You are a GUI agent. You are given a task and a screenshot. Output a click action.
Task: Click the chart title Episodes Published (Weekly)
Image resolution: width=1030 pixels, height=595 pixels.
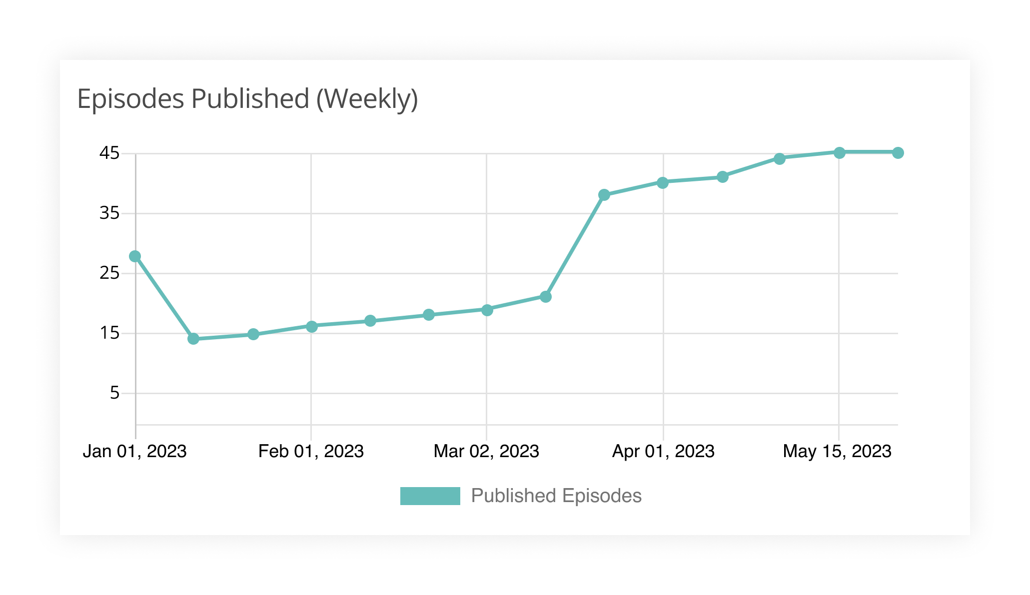click(247, 99)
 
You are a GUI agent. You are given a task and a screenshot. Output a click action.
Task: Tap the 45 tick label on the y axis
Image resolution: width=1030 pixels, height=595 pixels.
click(109, 153)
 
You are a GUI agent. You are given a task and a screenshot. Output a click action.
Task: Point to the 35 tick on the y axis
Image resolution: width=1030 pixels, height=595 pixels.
click(109, 213)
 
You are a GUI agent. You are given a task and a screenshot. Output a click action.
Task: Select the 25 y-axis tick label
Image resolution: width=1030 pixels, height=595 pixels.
click(109, 273)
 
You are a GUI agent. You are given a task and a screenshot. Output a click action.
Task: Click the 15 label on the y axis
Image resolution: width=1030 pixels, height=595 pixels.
click(109, 333)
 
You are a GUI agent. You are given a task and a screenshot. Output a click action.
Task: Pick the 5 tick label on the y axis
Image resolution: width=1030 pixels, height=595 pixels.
click(115, 393)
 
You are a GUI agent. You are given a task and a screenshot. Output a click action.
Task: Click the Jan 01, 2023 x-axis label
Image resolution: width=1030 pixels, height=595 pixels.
click(134, 451)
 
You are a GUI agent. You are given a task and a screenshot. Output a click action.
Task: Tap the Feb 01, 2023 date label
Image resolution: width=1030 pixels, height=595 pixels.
click(311, 451)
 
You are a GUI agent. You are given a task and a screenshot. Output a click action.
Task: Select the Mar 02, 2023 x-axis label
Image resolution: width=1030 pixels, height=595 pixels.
click(486, 451)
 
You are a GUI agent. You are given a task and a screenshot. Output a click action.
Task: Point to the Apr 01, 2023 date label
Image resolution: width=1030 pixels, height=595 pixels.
click(663, 451)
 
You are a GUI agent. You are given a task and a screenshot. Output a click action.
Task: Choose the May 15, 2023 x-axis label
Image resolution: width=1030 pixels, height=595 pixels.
click(837, 451)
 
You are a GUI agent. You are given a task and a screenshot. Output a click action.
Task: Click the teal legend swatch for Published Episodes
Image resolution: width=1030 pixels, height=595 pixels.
click(430, 496)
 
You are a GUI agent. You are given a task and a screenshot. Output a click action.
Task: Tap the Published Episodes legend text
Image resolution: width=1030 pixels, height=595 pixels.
click(556, 496)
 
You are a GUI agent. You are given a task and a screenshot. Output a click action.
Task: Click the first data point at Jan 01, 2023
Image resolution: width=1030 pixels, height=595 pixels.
click(135, 256)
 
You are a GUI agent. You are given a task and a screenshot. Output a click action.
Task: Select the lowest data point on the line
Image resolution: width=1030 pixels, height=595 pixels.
click(193, 339)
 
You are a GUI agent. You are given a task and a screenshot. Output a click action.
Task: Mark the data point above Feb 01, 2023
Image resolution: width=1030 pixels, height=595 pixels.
click(311, 326)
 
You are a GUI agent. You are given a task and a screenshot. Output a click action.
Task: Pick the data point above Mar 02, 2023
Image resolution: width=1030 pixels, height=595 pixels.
click(487, 310)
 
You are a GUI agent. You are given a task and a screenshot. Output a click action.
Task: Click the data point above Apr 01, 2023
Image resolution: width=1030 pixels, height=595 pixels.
click(663, 182)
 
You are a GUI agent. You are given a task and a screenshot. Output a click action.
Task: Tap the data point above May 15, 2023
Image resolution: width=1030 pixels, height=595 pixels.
click(840, 152)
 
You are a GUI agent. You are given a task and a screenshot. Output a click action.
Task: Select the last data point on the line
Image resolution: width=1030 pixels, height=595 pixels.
click(898, 152)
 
